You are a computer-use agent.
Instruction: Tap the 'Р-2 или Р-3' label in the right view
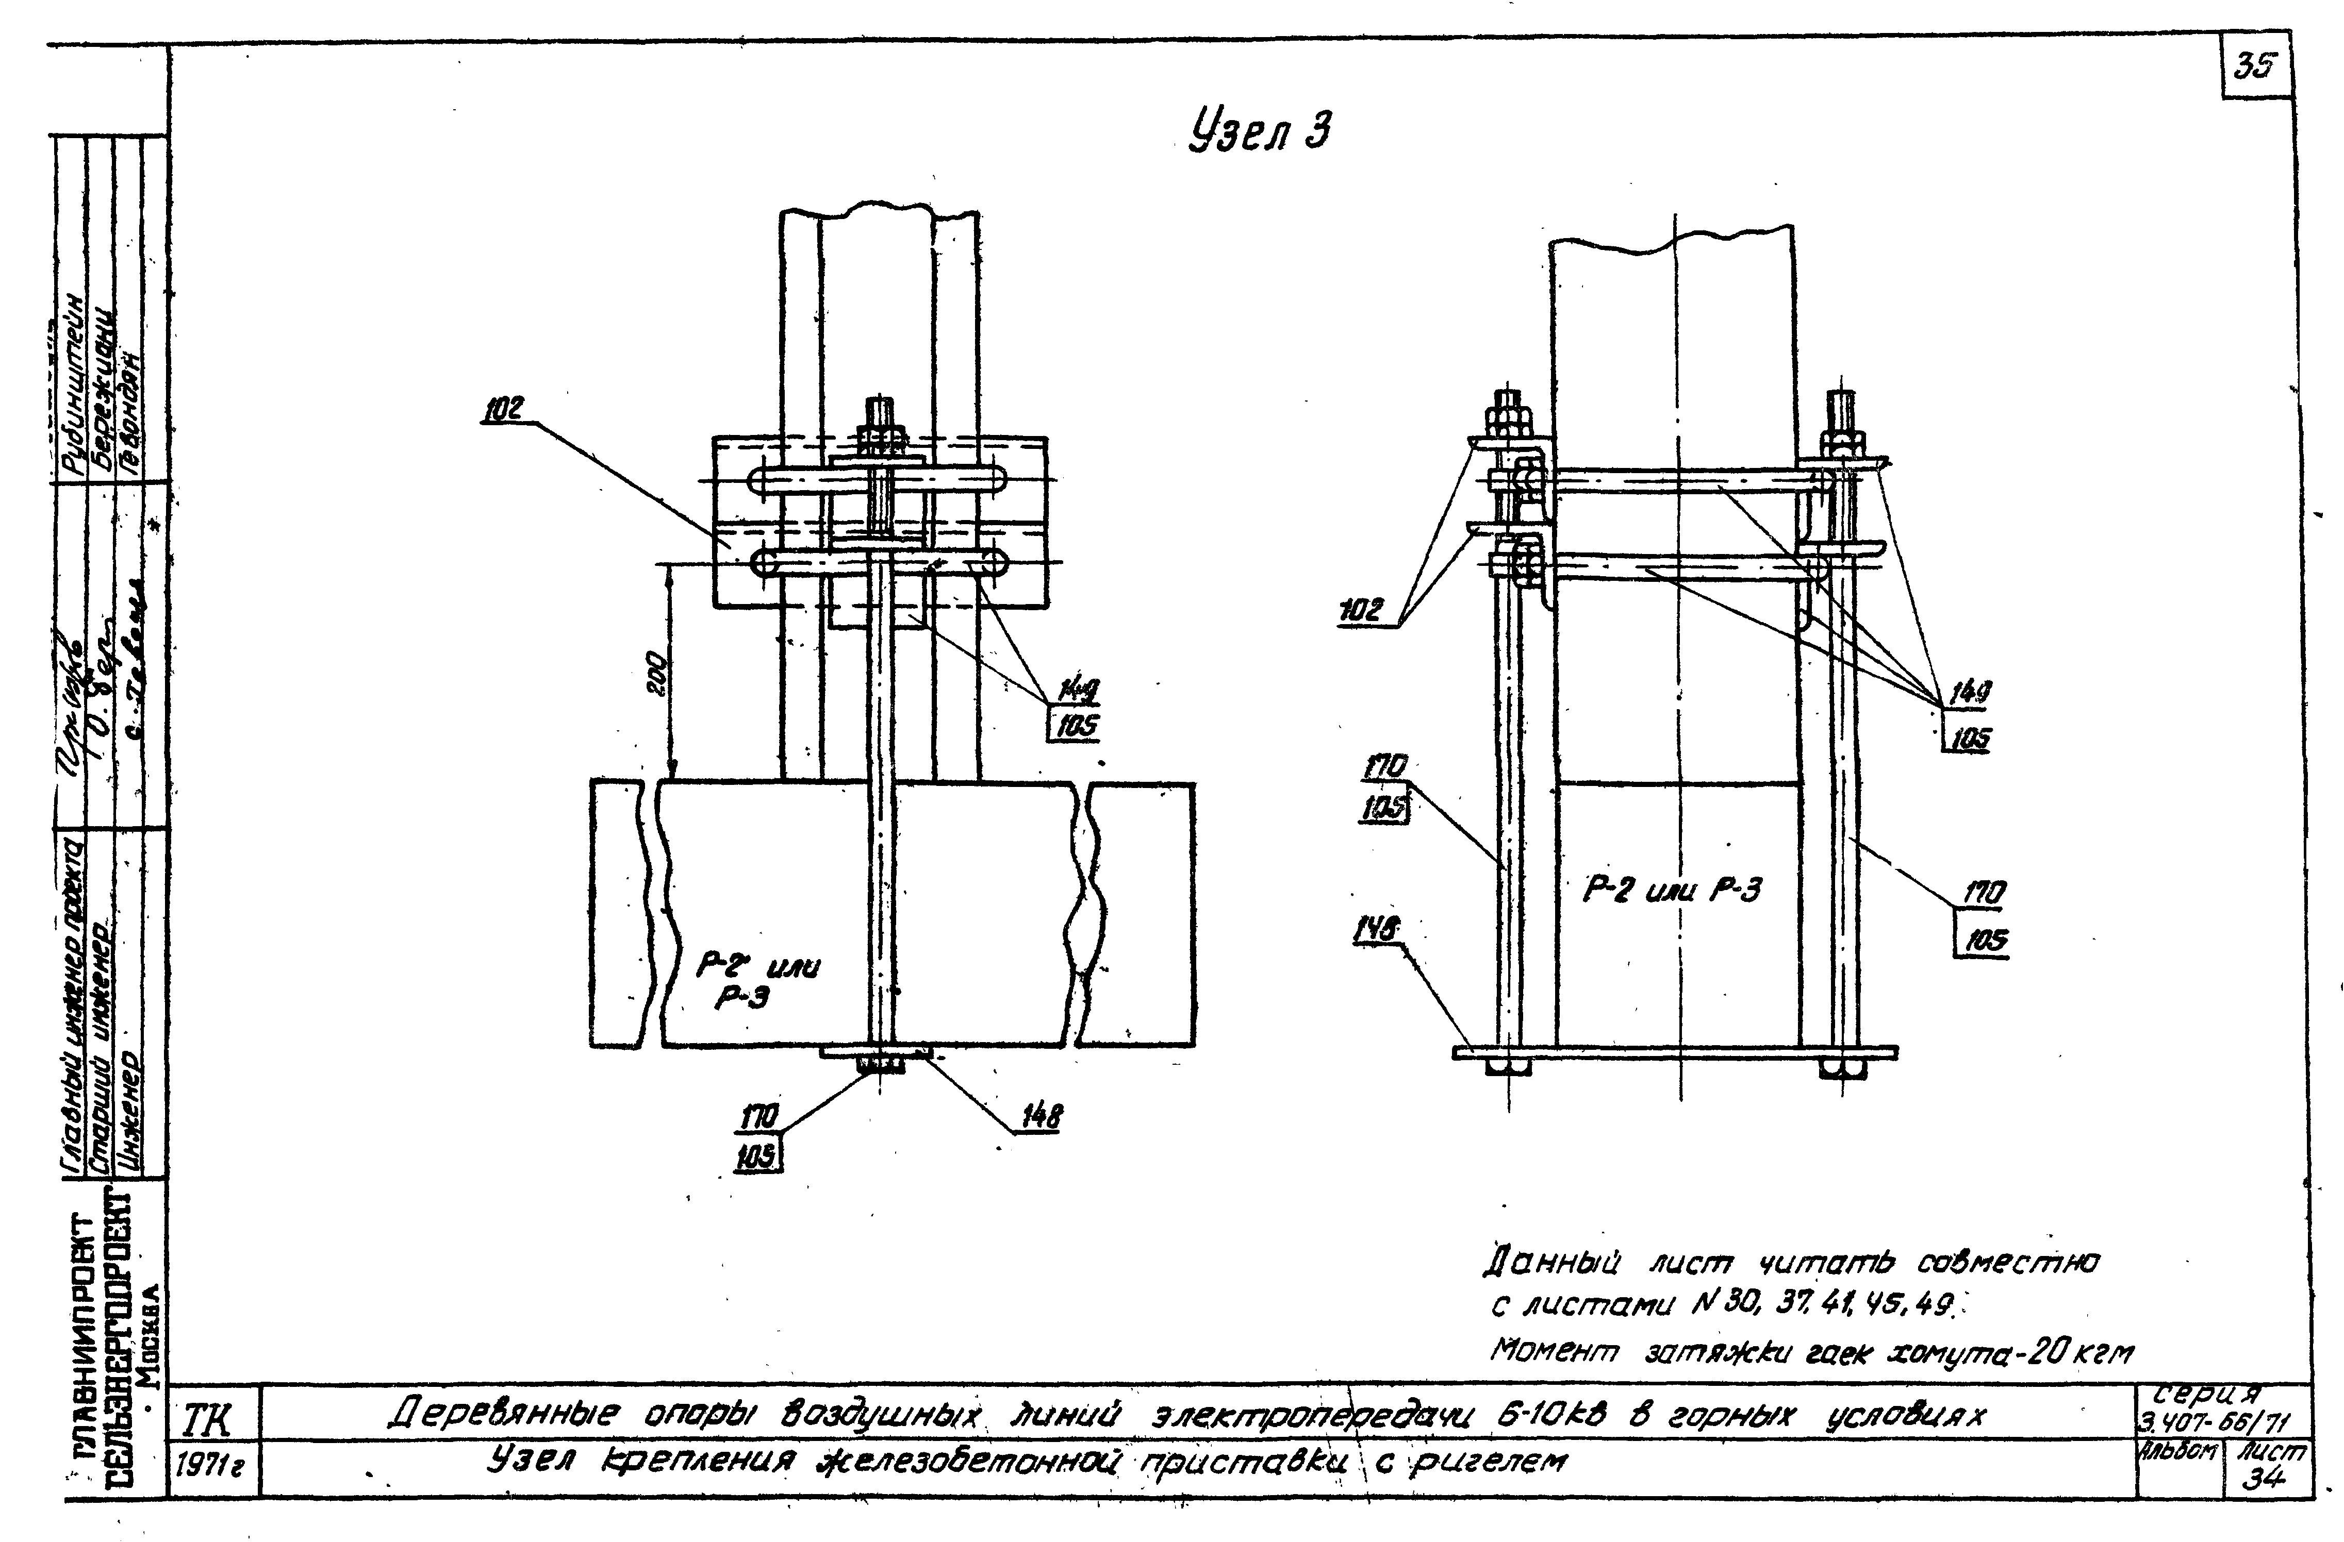[x=1671, y=890]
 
